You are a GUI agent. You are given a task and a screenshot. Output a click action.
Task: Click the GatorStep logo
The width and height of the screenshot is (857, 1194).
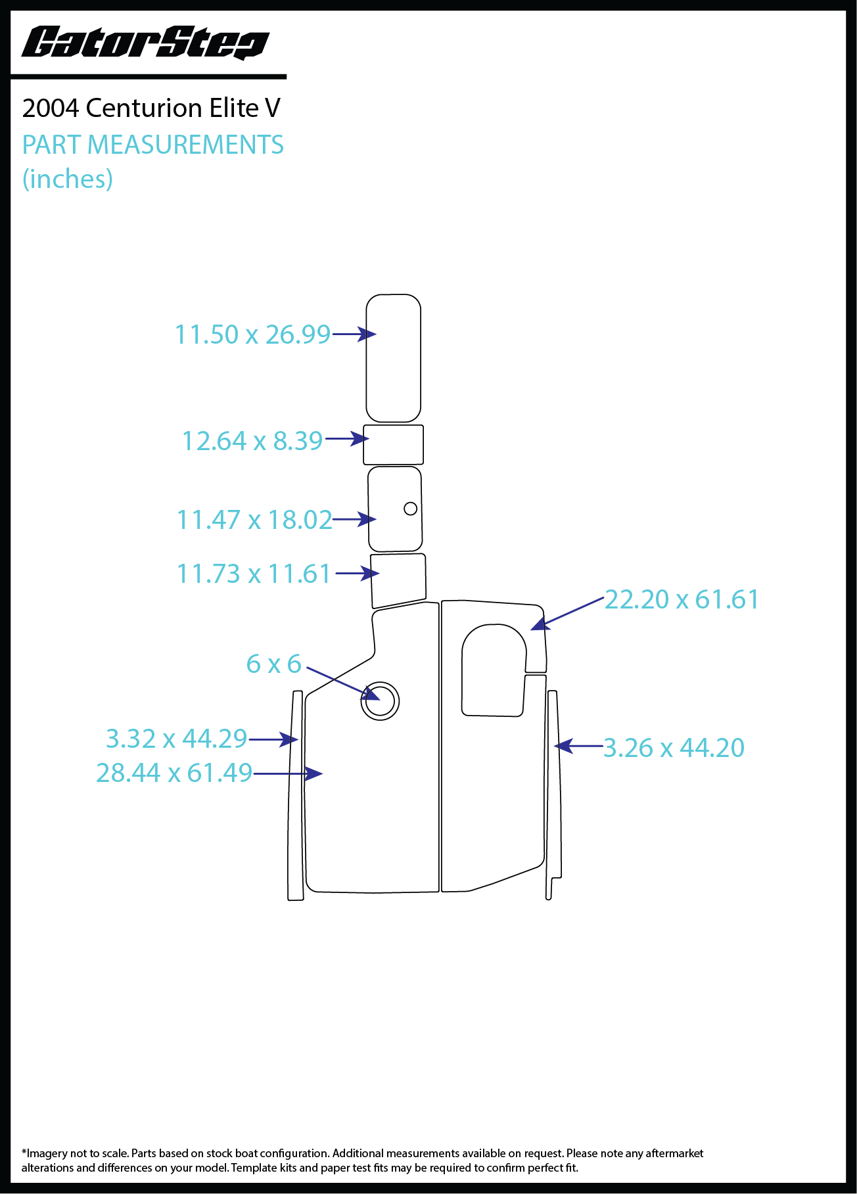[x=145, y=43]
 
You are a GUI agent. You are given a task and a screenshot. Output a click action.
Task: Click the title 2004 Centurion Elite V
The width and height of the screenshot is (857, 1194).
[x=151, y=108]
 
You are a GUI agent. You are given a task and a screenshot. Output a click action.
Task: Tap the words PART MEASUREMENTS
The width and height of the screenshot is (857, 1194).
[x=153, y=145]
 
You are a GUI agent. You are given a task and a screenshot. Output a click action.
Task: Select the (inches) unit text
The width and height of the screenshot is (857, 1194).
[x=68, y=179]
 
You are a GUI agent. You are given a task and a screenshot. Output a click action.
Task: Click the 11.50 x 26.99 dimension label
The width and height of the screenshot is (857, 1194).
[x=252, y=334]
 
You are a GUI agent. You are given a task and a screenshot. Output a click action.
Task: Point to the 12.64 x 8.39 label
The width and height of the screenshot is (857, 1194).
[x=252, y=441]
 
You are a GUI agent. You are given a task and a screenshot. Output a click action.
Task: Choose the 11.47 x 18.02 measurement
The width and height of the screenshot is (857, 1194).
[x=254, y=520]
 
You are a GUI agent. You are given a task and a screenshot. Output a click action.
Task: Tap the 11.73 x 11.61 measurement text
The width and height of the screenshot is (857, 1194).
[x=254, y=574]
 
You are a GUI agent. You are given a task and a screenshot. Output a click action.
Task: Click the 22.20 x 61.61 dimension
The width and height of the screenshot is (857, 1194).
[x=682, y=599]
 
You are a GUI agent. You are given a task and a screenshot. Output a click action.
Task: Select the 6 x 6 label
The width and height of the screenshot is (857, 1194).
[x=273, y=664]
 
